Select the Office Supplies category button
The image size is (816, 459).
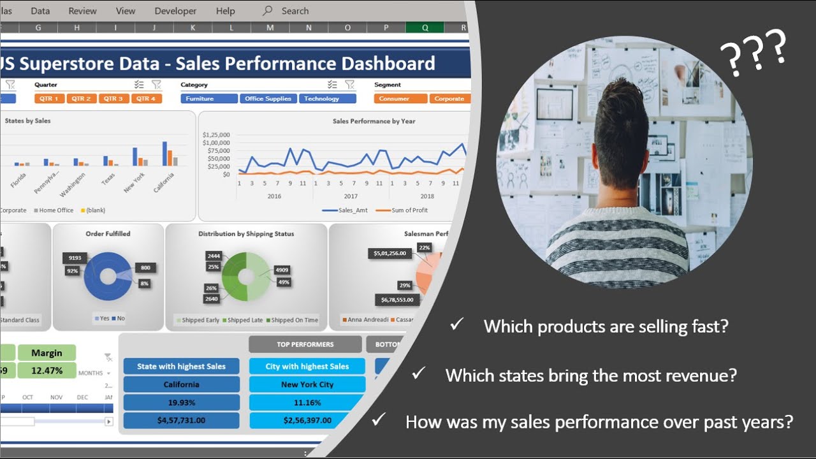tap(268, 99)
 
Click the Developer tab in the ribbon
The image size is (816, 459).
tap(175, 11)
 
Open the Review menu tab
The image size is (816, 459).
tap(83, 11)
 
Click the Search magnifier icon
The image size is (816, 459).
tap(268, 11)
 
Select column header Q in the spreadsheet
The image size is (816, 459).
tap(425, 27)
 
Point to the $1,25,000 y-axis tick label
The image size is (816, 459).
tap(216, 135)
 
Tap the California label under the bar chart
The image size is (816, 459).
tap(163, 182)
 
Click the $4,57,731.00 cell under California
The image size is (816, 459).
tap(181, 421)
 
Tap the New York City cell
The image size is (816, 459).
tap(307, 384)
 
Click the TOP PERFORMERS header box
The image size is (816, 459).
tap(305, 344)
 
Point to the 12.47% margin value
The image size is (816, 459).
tap(47, 370)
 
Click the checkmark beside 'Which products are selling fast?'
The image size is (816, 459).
tap(456, 324)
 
